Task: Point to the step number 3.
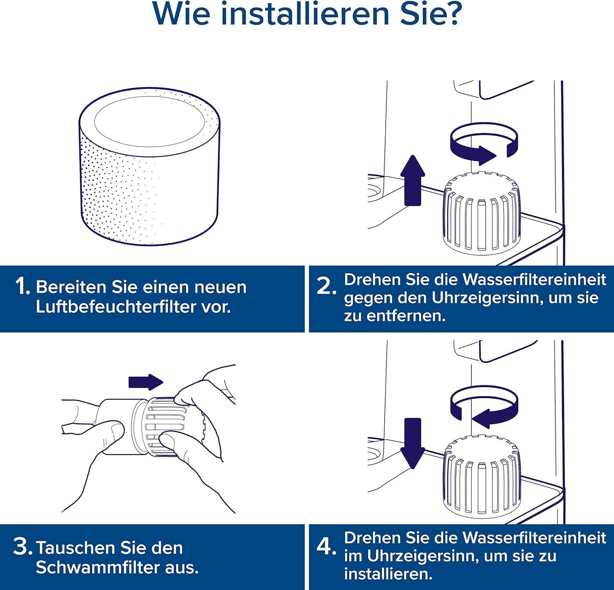click(x=22, y=547)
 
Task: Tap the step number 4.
click(x=326, y=546)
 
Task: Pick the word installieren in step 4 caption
click(x=388, y=574)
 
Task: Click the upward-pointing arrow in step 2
click(x=412, y=181)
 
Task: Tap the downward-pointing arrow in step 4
click(x=412, y=443)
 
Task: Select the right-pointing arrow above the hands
click(x=146, y=382)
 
